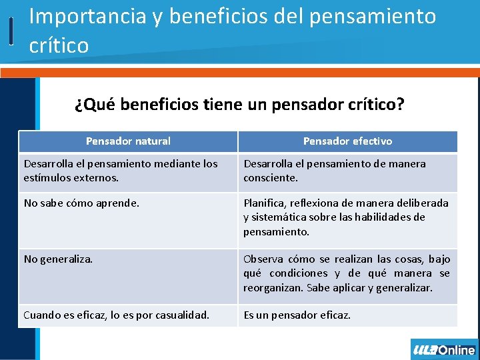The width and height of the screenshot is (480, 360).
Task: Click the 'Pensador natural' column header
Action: point(128,141)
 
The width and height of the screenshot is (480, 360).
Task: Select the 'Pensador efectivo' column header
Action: point(347,141)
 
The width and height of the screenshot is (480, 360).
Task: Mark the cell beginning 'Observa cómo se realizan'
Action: point(347,273)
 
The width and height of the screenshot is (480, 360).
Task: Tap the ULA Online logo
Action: point(444,349)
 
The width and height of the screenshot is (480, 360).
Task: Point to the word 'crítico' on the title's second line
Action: point(59,45)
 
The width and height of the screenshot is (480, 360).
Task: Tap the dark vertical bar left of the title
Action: point(11,31)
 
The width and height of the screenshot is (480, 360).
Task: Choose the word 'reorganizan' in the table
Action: point(272,287)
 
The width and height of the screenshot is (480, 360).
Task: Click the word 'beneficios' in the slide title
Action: point(217,16)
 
